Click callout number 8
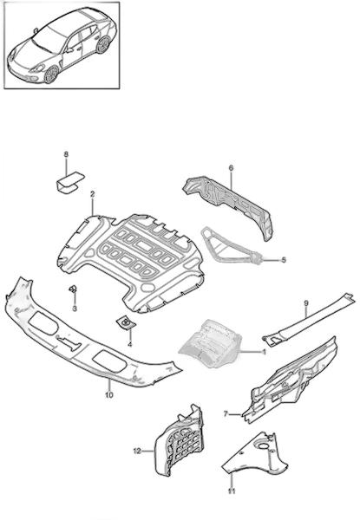click(66, 154)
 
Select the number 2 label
click(92, 194)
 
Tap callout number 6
click(231, 168)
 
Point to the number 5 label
click(284, 260)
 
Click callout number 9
click(306, 302)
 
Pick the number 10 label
click(108, 395)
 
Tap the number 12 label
click(137, 451)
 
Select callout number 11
click(232, 491)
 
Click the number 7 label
click(226, 414)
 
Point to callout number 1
click(264, 352)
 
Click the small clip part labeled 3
click(73, 289)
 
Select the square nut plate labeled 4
click(126, 322)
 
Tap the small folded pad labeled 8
click(69, 181)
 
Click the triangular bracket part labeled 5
click(229, 245)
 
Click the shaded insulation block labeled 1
click(211, 343)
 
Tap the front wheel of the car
click(51, 75)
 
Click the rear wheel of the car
click(103, 45)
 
